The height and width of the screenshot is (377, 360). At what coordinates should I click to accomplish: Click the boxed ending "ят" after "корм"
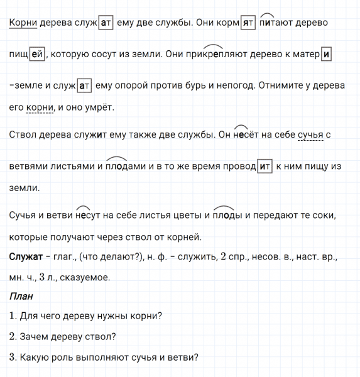tap(248, 22)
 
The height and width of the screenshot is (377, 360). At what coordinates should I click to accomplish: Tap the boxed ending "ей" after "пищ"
tap(36, 54)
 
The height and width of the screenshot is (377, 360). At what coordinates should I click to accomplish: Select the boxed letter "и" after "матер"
tap(326, 54)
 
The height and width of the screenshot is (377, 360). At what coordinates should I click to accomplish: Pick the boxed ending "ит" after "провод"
tap(265, 167)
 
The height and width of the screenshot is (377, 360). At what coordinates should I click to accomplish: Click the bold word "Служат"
tap(26, 258)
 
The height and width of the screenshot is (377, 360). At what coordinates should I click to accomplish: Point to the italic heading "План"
tap(21, 296)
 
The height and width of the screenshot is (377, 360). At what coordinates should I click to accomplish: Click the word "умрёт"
tap(100, 108)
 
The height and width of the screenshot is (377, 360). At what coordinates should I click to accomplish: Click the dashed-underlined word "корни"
tap(40, 108)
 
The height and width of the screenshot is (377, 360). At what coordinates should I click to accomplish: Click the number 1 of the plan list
tap(13, 316)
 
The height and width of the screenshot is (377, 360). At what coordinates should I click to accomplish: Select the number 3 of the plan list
tap(13, 358)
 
